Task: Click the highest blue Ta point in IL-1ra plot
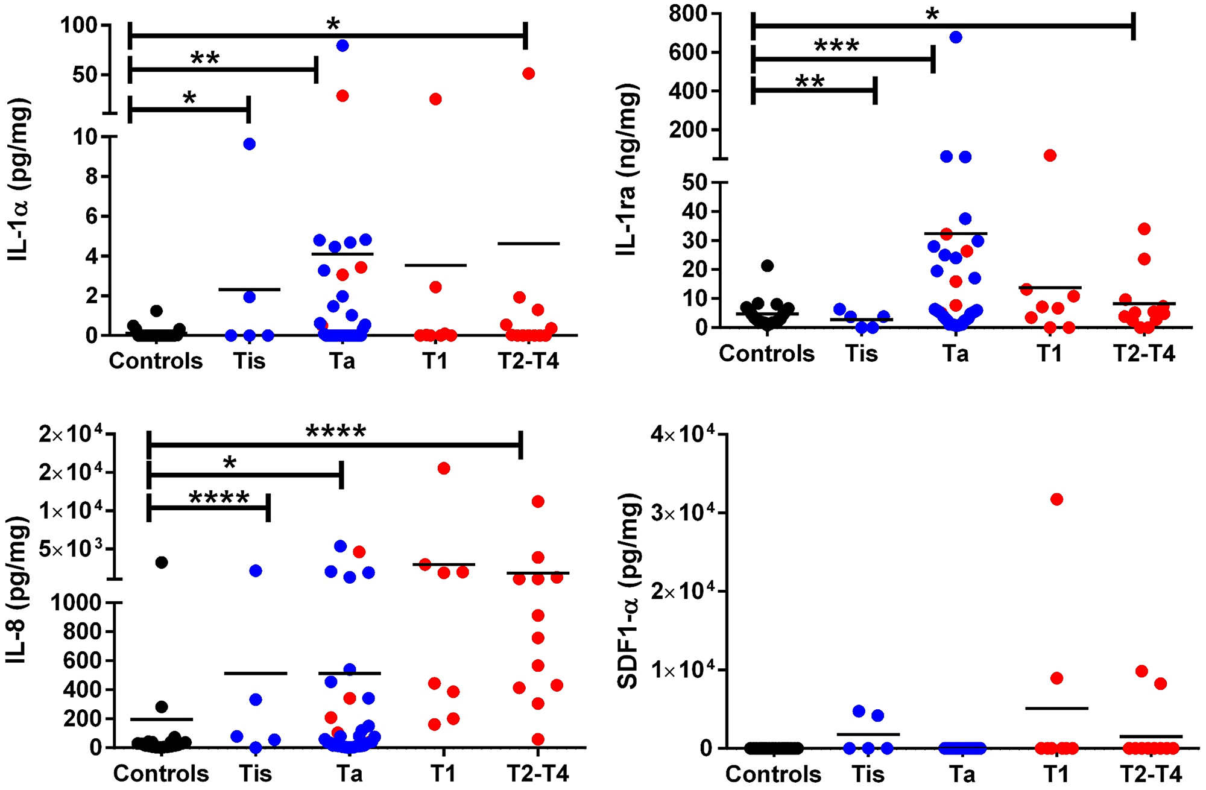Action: [956, 37]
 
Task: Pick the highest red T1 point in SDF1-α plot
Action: [1056, 499]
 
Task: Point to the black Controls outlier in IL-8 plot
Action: [161, 563]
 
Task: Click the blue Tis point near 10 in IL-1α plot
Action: [249, 144]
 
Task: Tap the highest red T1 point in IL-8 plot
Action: [444, 469]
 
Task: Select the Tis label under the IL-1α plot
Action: [249, 361]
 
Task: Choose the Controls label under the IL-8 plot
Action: [161, 774]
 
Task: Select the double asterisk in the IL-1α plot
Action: [205, 58]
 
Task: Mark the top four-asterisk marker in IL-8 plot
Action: [335, 432]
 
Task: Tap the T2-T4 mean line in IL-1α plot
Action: [529, 244]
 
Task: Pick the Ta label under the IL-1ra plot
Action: [956, 354]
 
